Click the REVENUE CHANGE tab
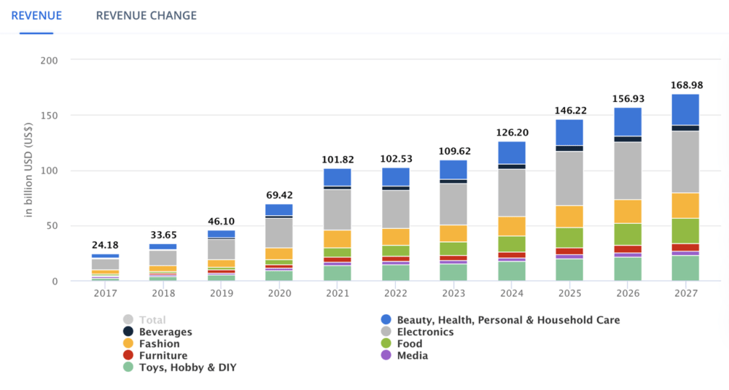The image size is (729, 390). (146, 15)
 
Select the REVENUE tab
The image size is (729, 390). (36, 15)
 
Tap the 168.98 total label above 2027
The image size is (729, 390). (686, 85)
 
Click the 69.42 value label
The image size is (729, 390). (279, 195)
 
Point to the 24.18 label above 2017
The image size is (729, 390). (105, 245)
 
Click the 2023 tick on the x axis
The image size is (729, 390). (453, 293)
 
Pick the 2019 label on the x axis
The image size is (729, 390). (222, 293)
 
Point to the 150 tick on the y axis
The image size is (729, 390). (49, 115)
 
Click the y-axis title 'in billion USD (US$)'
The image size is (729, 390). (28, 170)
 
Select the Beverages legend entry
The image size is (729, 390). (157, 332)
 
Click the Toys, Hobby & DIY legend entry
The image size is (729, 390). (180, 367)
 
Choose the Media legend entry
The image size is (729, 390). (405, 356)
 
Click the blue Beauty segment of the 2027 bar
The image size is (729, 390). (685, 109)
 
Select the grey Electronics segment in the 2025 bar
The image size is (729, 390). (569, 179)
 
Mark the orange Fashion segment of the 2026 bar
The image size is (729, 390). (628, 211)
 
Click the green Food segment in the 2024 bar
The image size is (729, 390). (512, 244)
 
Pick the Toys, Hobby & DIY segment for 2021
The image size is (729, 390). (337, 273)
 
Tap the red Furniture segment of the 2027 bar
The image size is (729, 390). (685, 247)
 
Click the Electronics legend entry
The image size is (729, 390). (417, 332)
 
